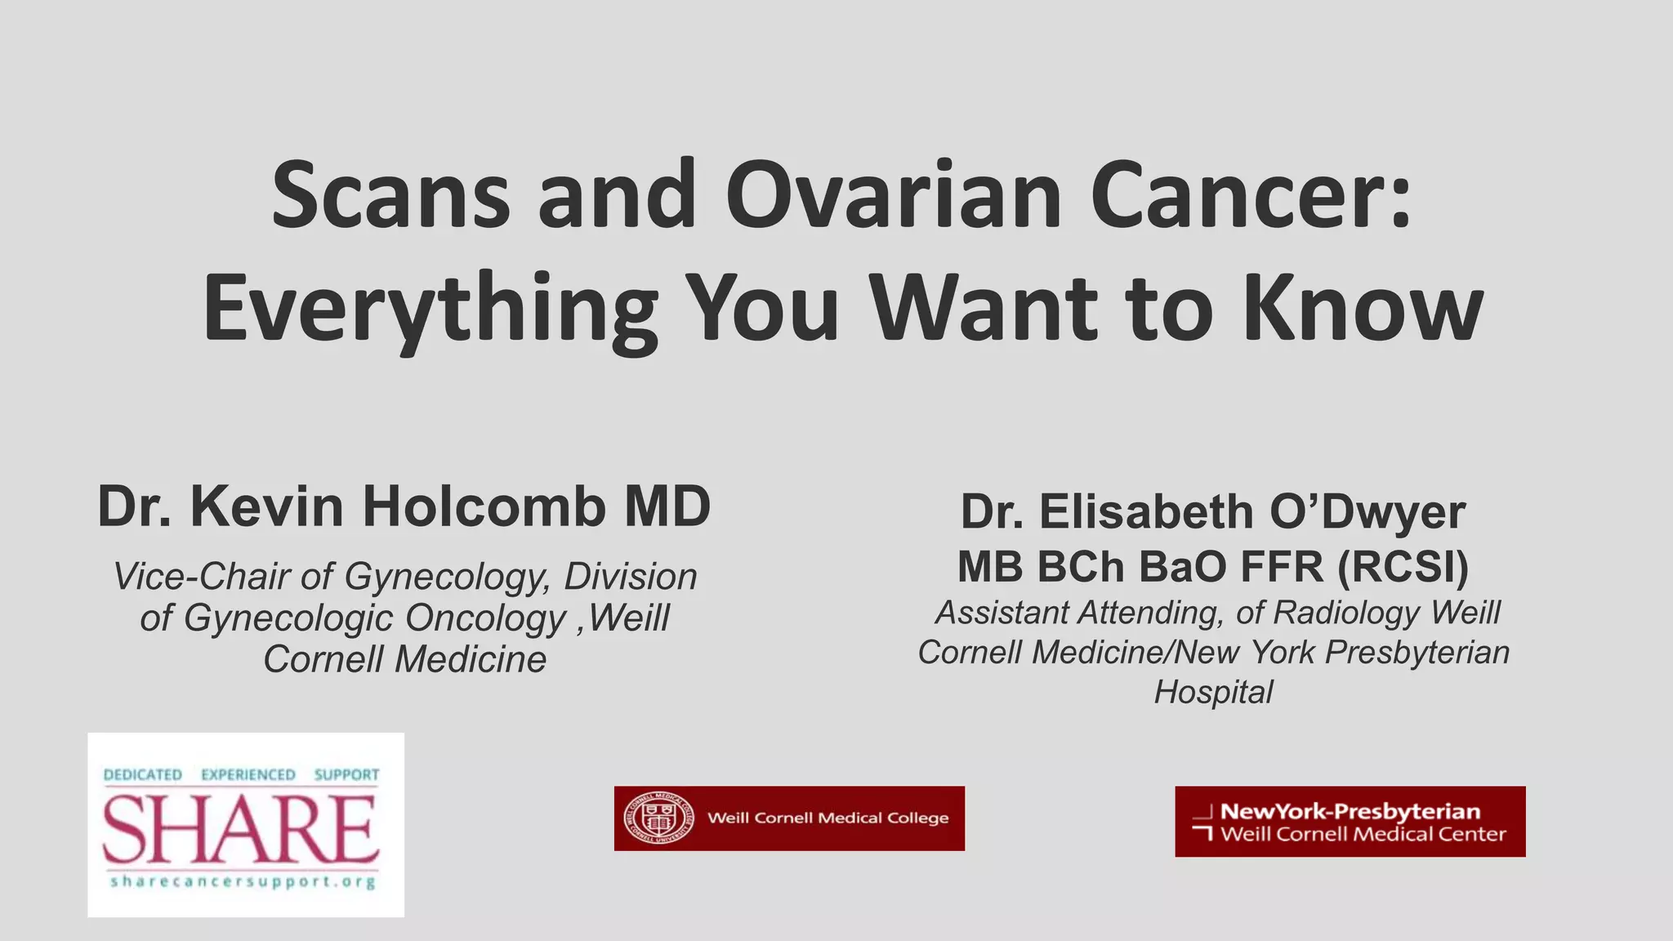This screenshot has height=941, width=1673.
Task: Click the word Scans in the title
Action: click(x=390, y=196)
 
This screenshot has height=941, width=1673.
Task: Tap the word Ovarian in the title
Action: click(x=893, y=196)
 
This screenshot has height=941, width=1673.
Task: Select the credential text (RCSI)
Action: click(x=1403, y=566)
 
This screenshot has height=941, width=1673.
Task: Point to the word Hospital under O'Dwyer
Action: click(x=1213, y=692)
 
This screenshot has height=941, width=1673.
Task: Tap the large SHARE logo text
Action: click(x=241, y=830)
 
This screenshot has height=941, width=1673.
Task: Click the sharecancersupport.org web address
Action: click(x=243, y=882)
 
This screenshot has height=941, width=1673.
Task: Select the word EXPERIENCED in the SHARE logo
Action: click(x=248, y=774)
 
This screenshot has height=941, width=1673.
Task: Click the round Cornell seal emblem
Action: click(x=658, y=818)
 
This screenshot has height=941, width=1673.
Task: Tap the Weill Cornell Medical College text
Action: click(x=828, y=818)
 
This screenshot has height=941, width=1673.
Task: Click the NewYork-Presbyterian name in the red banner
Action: click(x=1350, y=811)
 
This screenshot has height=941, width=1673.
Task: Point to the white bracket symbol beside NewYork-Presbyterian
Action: click(x=1202, y=823)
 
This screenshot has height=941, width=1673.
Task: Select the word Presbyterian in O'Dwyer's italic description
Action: click(x=1416, y=653)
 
